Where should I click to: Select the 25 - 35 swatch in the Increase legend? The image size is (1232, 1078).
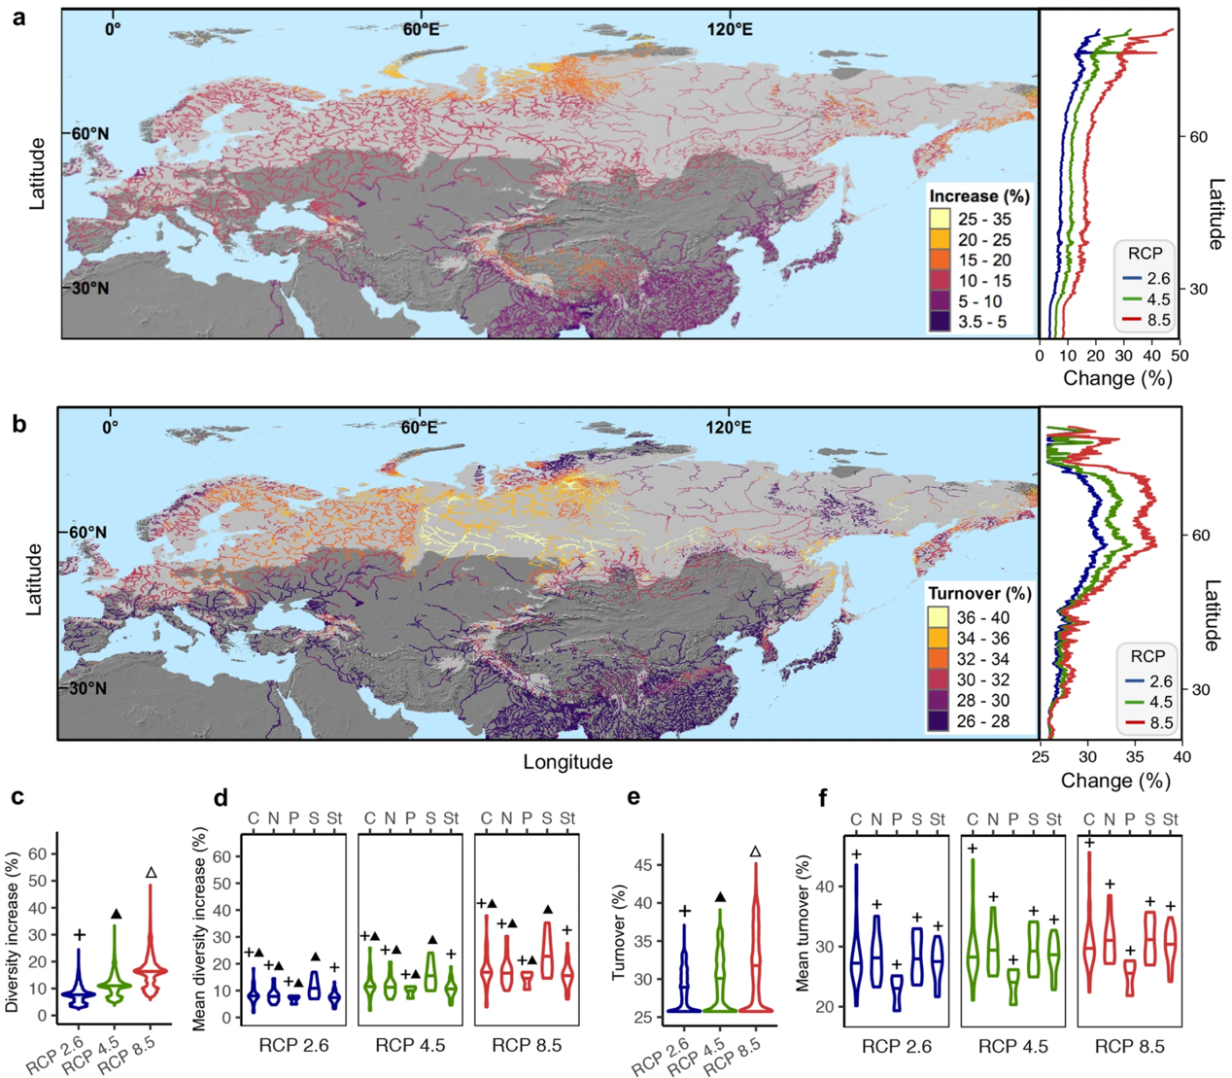[940, 219]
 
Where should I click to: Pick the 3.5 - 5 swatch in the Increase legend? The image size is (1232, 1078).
[940, 322]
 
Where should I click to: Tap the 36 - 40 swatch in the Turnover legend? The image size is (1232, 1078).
[939, 617]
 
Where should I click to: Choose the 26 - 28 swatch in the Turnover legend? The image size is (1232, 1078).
[939, 721]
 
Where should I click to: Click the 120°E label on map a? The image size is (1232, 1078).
[729, 29]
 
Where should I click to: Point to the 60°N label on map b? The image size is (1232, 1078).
[86, 533]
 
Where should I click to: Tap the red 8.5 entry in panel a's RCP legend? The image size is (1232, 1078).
[1147, 320]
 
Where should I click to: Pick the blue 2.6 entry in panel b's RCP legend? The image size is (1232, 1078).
[1148, 681]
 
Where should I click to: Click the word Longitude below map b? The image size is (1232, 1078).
[567, 762]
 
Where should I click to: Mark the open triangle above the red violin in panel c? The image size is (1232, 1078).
[151, 873]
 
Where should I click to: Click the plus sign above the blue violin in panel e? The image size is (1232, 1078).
[684, 911]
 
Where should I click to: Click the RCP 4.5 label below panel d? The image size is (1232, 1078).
[410, 1045]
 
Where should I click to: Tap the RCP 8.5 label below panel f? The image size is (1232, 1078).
[1129, 1046]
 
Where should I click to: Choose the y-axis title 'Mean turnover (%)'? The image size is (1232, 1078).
[803, 923]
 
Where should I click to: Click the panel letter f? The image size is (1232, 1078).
[824, 799]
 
